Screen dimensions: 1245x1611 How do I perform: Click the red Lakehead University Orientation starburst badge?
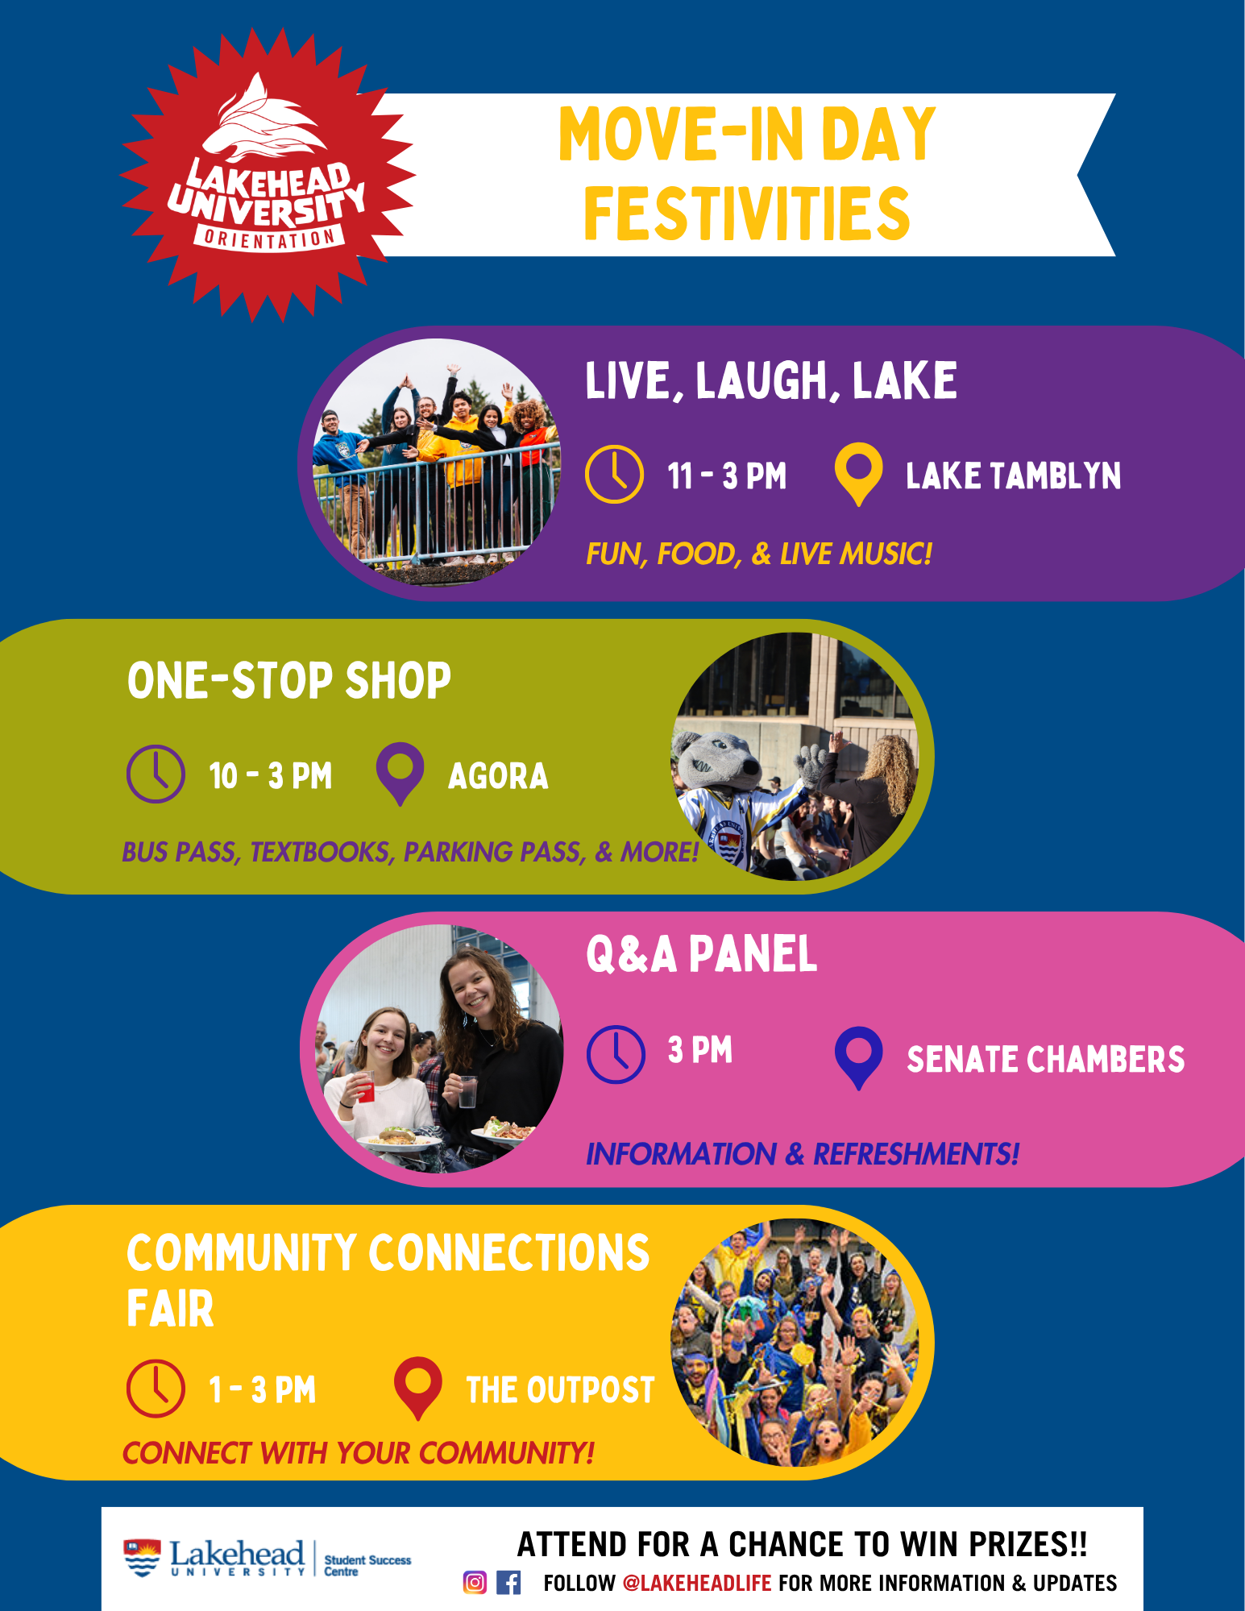[x=268, y=175]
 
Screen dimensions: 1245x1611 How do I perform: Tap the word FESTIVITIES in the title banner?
[x=747, y=214]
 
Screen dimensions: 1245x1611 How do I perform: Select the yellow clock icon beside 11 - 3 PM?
[x=614, y=474]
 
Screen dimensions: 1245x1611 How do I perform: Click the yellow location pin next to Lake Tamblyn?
[x=858, y=475]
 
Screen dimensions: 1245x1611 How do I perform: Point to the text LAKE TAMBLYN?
[x=1013, y=475]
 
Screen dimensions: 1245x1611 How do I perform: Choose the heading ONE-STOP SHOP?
[x=288, y=680]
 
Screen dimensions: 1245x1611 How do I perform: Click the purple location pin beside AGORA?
[x=400, y=774]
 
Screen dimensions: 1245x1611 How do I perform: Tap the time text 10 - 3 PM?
[x=271, y=776]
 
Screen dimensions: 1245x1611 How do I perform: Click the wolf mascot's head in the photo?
[x=716, y=762]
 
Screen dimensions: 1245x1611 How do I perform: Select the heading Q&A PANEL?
[x=701, y=954]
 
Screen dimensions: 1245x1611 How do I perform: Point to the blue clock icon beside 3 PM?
[x=616, y=1054]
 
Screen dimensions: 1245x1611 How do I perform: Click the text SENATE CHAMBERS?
[x=1045, y=1059]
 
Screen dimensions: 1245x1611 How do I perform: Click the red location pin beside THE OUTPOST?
[x=417, y=1388]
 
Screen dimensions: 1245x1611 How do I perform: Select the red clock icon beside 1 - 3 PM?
[x=156, y=1388]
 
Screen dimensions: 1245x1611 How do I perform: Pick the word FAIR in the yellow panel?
[x=170, y=1308]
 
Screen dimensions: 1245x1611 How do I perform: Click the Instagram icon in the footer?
[x=475, y=1583]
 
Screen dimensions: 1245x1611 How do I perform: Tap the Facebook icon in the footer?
[x=508, y=1583]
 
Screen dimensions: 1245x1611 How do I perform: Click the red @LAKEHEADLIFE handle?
[x=697, y=1584]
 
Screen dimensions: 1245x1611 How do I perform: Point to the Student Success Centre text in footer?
[x=367, y=1566]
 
